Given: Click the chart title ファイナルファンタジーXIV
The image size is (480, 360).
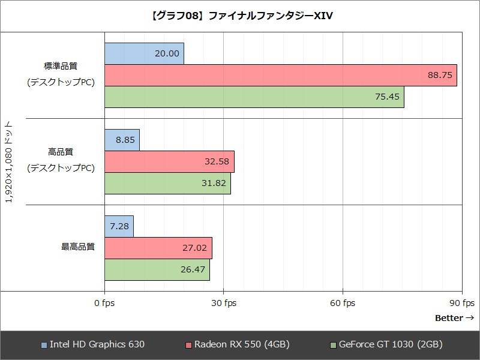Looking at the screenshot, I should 240,15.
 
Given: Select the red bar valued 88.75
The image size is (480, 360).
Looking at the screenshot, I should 281,75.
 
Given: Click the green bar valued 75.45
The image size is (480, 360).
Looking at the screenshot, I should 254,97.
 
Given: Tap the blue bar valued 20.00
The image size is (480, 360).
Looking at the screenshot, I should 144,53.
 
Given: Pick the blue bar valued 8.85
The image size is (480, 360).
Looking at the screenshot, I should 122,140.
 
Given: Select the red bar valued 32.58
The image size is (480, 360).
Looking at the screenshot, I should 169,161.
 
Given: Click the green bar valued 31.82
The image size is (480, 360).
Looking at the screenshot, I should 167,183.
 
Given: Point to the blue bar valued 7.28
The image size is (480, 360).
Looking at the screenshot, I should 119,226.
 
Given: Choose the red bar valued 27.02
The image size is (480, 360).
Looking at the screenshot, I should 158,248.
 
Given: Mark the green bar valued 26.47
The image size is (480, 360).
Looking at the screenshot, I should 157,269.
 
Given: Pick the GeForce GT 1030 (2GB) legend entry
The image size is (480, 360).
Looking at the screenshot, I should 386,344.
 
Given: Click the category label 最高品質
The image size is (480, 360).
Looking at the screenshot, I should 78,247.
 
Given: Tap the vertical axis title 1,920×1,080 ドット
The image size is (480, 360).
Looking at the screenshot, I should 9,161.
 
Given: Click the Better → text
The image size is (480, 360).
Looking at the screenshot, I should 454,318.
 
